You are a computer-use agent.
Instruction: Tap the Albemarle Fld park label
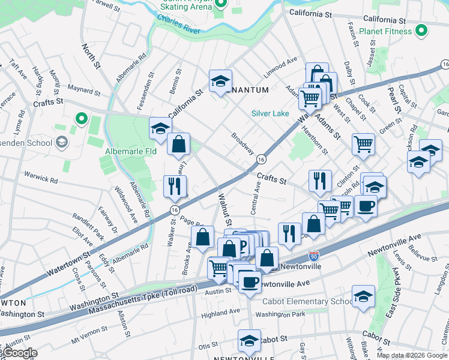click(131, 151)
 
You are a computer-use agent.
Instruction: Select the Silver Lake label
click(270, 113)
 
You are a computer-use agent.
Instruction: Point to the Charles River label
click(178, 25)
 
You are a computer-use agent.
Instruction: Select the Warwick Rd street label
click(41, 179)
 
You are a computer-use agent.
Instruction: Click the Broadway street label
click(243, 143)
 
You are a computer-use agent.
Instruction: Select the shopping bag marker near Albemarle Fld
click(178, 143)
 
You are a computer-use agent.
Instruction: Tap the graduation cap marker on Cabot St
click(249, 340)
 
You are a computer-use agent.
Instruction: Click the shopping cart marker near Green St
click(363, 143)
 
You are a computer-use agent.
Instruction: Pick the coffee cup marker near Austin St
click(250, 280)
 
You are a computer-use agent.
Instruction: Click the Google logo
click(20, 353)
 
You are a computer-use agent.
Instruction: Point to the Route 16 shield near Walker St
click(174, 209)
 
